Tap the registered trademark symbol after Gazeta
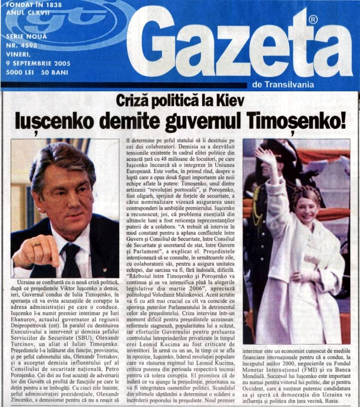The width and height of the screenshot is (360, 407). pos(313,20)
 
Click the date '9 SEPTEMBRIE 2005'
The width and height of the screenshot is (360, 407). pos(38,63)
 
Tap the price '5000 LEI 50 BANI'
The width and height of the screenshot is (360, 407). pos(37,72)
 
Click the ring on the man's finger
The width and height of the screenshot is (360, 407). pos(38,244)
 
